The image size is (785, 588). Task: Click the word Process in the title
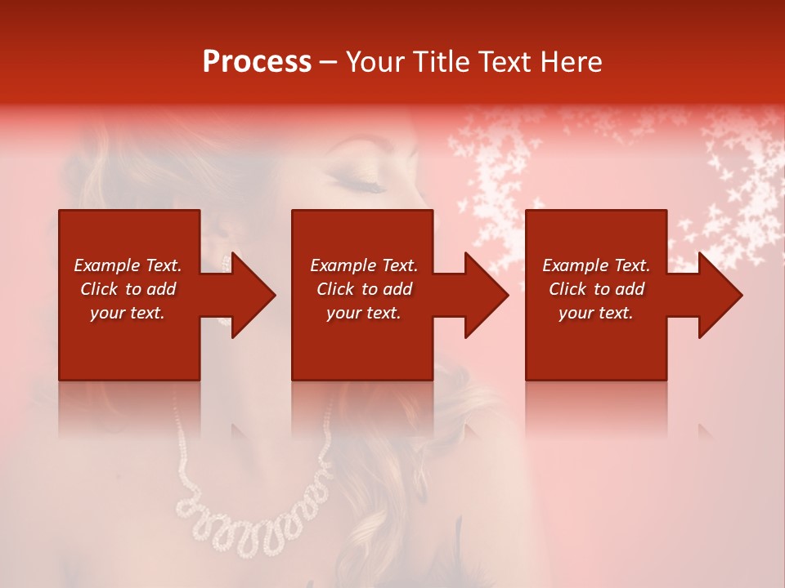tap(257, 62)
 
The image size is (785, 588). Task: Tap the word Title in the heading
tap(442, 62)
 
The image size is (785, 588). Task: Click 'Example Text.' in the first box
tap(128, 265)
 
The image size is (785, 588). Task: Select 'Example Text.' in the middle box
tap(364, 265)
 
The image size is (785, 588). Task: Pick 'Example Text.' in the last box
tap(596, 265)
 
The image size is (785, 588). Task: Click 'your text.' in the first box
tap(128, 313)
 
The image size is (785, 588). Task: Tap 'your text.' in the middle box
tap(364, 313)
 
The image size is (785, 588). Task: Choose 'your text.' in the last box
tap(596, 313)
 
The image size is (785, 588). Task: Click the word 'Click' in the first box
tap(100, 289)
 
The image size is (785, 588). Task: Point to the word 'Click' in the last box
tap(568, 289)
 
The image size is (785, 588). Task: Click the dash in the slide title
tap(329, 62)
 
